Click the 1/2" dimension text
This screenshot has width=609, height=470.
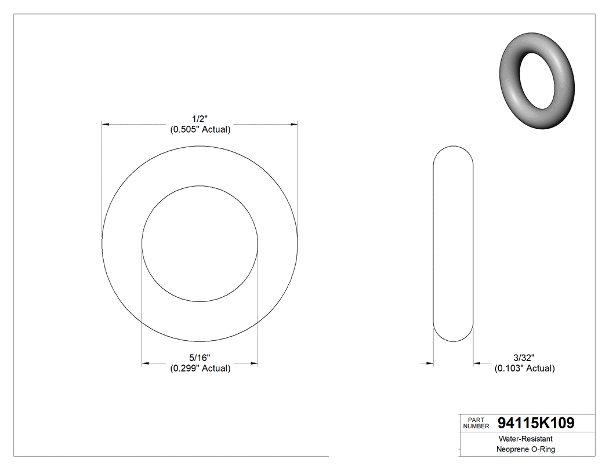tap(200, 118)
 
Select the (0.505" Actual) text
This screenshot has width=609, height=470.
tap(200, 130)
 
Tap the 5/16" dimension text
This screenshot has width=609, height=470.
tap(200, 357)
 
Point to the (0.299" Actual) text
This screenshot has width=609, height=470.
tap(200, 369)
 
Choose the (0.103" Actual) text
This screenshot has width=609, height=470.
tap(524, 369)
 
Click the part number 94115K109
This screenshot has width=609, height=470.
tap(536, 423)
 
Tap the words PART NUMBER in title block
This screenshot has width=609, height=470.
tap(476, 423)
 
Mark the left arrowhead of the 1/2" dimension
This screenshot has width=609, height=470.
tap(106, 123)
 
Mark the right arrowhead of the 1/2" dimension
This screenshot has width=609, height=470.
tap(294, 123)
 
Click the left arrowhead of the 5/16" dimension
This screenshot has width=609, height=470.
tap(146, 363)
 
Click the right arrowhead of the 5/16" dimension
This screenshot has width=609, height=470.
tap(254, 363)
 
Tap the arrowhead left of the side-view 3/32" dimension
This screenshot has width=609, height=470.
tap(430, 363)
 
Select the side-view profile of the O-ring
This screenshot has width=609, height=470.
tap(454, 243)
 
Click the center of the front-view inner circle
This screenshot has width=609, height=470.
tap(200, 243)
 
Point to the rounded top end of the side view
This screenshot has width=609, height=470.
tap(454, 148)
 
